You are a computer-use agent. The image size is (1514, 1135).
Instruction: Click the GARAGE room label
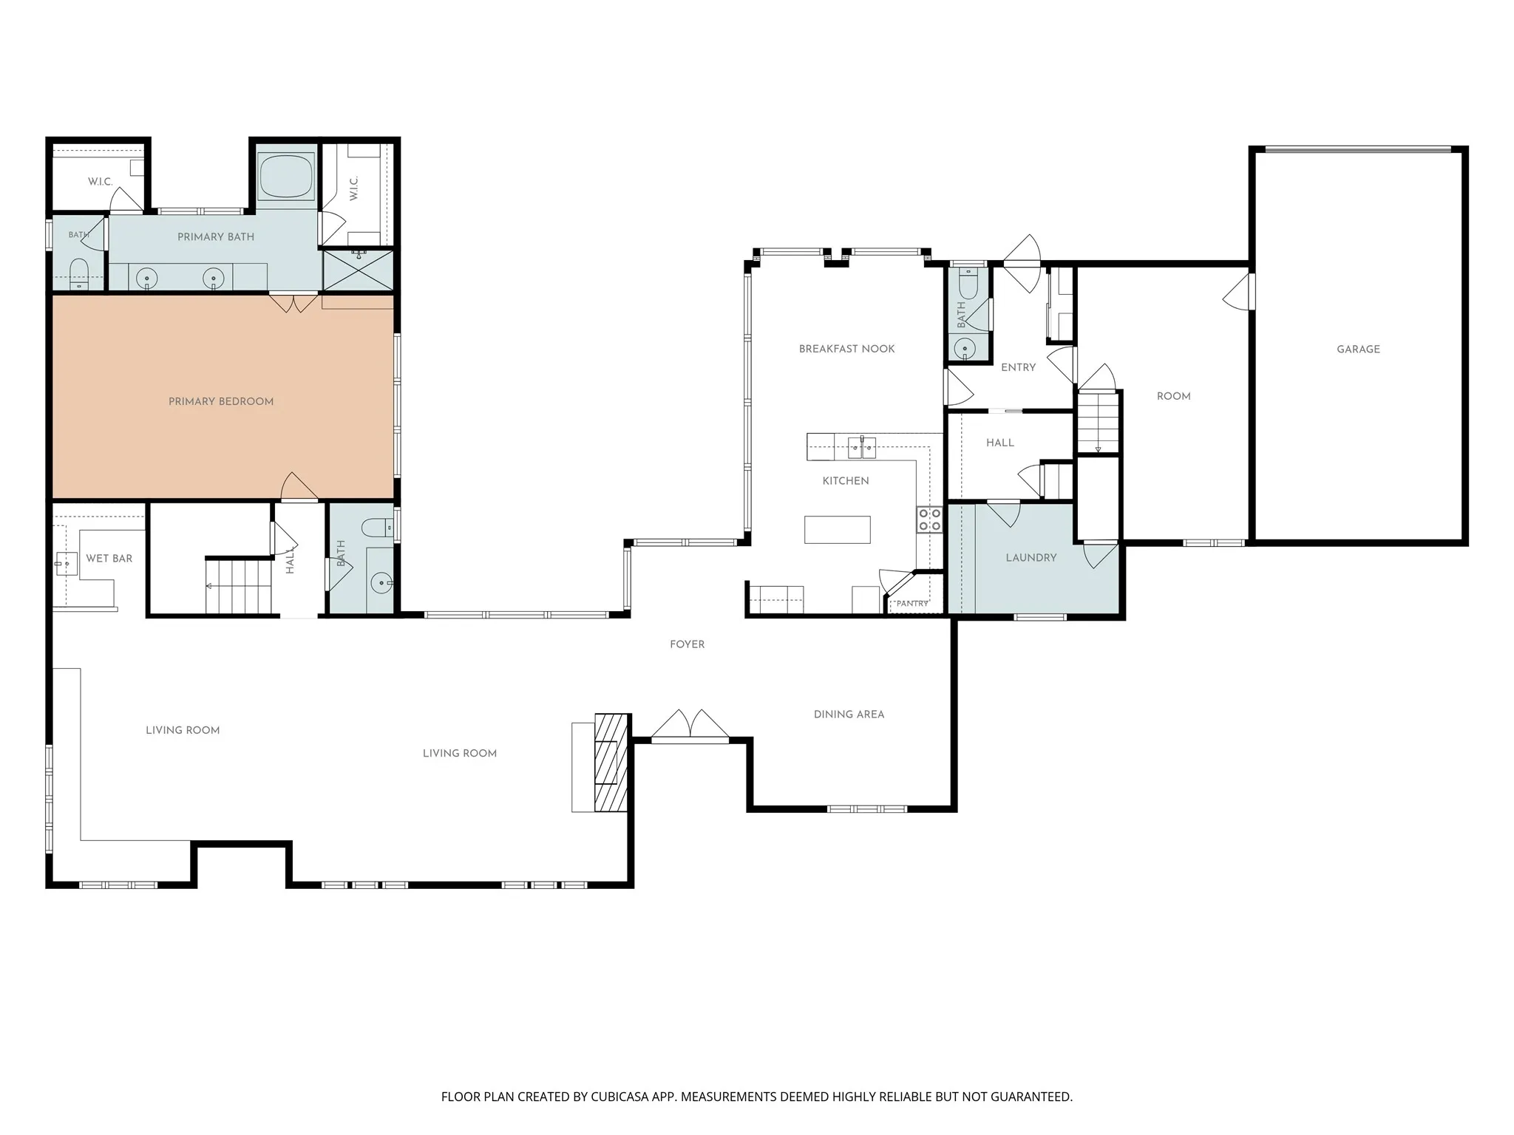pyautogui.click(x=1358, y=350)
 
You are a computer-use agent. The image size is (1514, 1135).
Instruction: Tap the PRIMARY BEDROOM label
pyautogui.click(x=221, y=402)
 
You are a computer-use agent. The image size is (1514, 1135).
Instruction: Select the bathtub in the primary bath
pyautogui.click(x=286, y=176)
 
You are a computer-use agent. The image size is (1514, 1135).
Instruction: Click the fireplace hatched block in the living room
pyautogui.click(x=612, y=763)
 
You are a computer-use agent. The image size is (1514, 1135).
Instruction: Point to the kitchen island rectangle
pyautogui.click(x=838, y=530)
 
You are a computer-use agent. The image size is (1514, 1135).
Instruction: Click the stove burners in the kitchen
pyautogui.click(x=930, y=519)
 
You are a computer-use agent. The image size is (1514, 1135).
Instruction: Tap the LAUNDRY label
pyautogui.click(x=1031, y=558)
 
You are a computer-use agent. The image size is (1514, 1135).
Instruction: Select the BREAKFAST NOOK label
pyautogui.click(x=847, y=349)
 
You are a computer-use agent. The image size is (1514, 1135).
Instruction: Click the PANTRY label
pyautogui.click(x=912, y=604)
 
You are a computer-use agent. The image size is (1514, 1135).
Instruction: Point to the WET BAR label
pyautogui.click(x=109, y=559)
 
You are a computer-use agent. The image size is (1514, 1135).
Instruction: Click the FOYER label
pyautogui.click(x=688, y=644)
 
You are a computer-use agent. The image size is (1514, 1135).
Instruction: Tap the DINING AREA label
pyautogui.click(x=849, y=715)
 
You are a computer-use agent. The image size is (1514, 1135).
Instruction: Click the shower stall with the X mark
pyautogui.click(x=358, y=270)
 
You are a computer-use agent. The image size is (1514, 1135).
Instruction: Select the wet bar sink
pyautogui.click(x=66, y=564)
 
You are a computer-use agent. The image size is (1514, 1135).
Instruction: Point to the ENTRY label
pyautogui.click(x=1019, y=367)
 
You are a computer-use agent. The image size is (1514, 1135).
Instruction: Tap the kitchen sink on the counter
pyautogui.click(x=862, y=447)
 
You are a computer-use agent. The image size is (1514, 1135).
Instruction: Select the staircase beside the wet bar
pyautogui.click(x=238, y=587)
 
